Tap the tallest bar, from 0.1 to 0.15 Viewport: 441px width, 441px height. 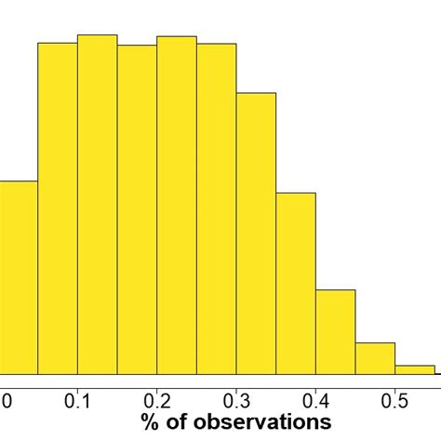click(x=98, y=204)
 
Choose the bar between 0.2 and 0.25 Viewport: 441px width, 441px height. click(x=177, y=205)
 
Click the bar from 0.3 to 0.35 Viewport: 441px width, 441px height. click(x=256, y=233)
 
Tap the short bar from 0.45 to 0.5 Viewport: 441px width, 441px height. click(x=375, y=358)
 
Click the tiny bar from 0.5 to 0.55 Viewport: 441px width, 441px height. click(x=415, y=369)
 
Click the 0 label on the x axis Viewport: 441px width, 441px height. click(x=7, y=401)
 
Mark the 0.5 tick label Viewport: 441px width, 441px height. click(x=395, y=401)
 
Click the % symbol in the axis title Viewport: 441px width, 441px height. click(x=150, y=423)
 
